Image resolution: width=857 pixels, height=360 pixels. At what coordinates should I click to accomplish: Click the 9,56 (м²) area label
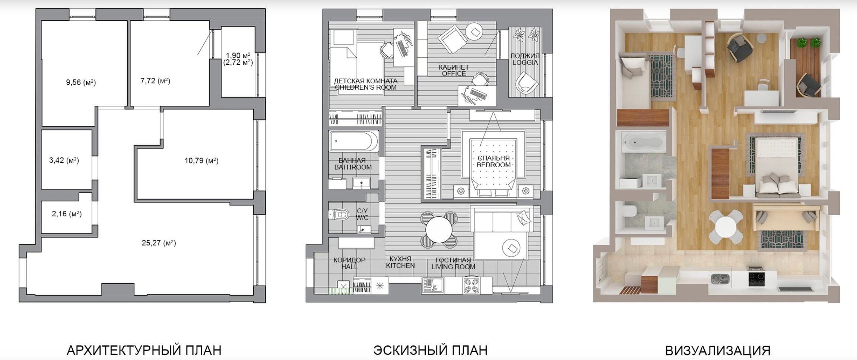pyautogui.click(x=81, y=82)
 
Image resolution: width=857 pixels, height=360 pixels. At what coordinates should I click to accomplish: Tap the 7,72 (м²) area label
pyautogui.click(x=155, y=81)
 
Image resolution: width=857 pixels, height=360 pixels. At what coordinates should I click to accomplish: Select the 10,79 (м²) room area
pyautogui.click(x=201, y=161)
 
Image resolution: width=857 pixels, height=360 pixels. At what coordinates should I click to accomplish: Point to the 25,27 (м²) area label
pyautogui.click(x=159, y=243)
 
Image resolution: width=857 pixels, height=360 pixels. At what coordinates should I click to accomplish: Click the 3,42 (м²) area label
pyautogui.click(x=64, y=160)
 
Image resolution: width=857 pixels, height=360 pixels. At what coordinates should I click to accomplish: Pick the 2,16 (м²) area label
pyautogui.click(x=67, y=214)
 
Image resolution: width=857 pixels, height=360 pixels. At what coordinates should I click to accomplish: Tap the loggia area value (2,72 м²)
pyautogui.click(x=238, y=63)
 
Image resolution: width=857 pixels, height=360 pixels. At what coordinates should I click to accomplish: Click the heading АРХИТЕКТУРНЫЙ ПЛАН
pyautogui.click(x=144, y=350)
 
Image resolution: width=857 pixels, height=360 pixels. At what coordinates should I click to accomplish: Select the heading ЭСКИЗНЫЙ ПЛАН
pyautogui.click(x=430, y=350)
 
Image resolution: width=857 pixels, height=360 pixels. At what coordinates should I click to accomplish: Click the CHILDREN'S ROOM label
pyautogui.click(x=366, y=87)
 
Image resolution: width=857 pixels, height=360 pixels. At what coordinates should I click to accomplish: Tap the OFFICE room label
pyautogui.click(x=454, y=74)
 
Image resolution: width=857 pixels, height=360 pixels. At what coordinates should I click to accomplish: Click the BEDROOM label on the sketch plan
pyautogui.click(x=493, y=165)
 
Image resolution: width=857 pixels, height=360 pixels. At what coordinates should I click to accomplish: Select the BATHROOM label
pyautogui.click(x=353, y=167)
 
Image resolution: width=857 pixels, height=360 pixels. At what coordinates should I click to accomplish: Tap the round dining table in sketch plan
pyautogui.click(x=439, y=229)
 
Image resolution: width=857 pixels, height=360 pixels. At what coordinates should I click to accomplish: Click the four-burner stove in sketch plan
pyautogui.click(x=472, y=286)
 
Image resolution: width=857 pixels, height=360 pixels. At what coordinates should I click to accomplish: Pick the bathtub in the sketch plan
pyautogui.click(x=353, y=141)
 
